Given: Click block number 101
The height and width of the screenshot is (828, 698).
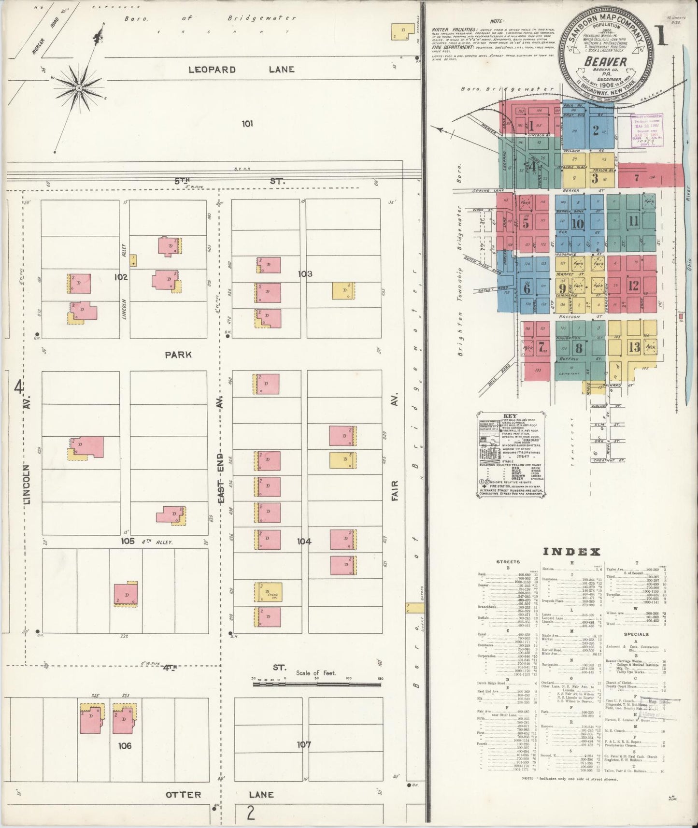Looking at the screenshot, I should coord(247,124).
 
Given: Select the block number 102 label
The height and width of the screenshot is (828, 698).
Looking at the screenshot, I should coord(120,277).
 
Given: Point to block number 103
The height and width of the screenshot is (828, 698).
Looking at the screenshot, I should coord(305,274).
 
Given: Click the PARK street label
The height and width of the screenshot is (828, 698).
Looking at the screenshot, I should coord(178,355).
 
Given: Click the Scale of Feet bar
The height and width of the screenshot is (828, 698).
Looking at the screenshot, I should coord(317,684).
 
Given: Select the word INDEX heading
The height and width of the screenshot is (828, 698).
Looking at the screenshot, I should coord(572,552).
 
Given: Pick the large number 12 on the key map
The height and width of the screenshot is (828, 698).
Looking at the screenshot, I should coord(633,285).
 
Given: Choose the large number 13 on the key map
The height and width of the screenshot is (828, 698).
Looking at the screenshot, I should coord(634,347).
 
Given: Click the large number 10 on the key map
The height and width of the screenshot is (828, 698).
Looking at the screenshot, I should coord(578,224).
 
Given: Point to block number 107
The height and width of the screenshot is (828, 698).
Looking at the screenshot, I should coord(304,744).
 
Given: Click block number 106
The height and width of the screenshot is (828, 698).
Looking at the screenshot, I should coord(125,746).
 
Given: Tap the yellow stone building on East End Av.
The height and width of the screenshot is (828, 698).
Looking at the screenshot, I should coord(268,592).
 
